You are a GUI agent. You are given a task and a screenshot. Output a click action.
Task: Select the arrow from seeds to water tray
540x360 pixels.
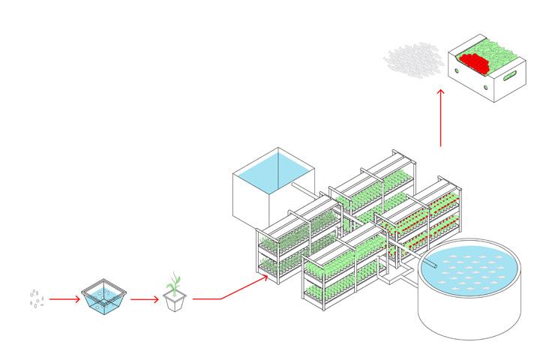(x=65, y=298)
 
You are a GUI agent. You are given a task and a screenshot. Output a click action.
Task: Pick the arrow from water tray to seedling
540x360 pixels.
(x=144, y=298)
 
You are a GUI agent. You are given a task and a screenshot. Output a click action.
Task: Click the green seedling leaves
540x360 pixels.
(x=174, y=283)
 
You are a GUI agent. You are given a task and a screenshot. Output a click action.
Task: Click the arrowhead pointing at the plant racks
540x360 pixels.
(x=265, y=277)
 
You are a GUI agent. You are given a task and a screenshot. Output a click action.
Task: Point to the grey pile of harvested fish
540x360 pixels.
(x=412, y=60)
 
